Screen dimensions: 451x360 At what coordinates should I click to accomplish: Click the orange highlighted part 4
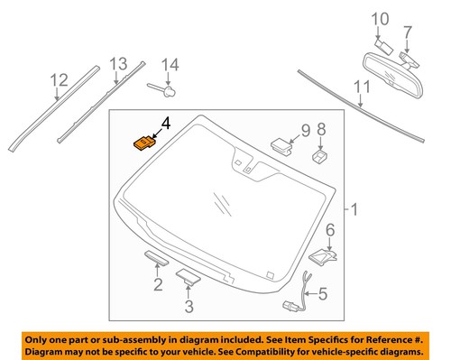[x=143, y=143]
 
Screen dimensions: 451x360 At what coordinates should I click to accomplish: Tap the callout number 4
[x=163, y=125]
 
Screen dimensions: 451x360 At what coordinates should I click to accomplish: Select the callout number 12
[x=59, y=81]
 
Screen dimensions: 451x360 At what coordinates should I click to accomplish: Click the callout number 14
[x=170, y=64]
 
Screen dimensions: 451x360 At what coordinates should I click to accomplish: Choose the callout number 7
[x=409, y=32]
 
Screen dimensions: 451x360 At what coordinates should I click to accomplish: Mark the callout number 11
[x=362, y=88]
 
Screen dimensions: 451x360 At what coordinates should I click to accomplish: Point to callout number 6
[x=330, y=229]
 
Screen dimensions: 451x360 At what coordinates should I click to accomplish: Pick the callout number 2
[x=157, y=286]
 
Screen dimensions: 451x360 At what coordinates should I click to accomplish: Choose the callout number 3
[x=188, y=306]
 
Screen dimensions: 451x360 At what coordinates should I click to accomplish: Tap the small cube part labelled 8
[x=318, y=155]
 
